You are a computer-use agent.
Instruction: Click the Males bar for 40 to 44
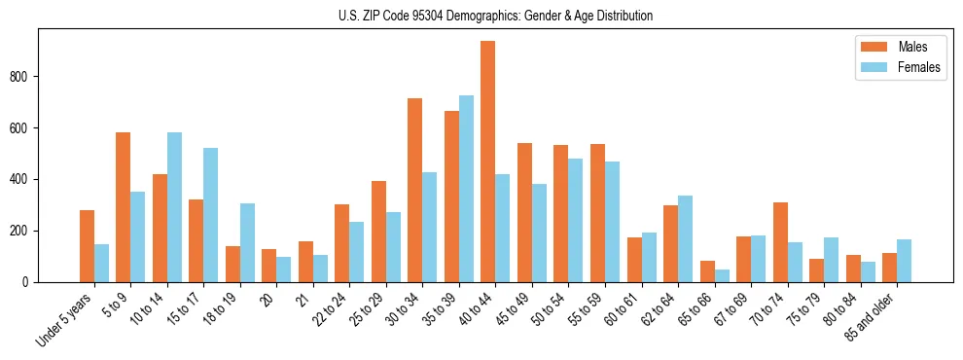click(487, 162)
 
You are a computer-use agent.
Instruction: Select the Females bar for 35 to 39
click(466, 189)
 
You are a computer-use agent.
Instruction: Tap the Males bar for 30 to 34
click(414, 190)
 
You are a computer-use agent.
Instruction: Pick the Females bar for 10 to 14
click(174, 207)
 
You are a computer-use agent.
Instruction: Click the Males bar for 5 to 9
click(123, 207)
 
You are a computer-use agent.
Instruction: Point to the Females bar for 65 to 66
click(722, 275)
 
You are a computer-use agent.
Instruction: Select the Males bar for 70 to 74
click(780, 242)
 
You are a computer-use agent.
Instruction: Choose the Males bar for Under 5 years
click(87, 246)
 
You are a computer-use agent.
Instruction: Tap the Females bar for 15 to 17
click(210, 215)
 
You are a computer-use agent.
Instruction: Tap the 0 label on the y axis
click(31, 282)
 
